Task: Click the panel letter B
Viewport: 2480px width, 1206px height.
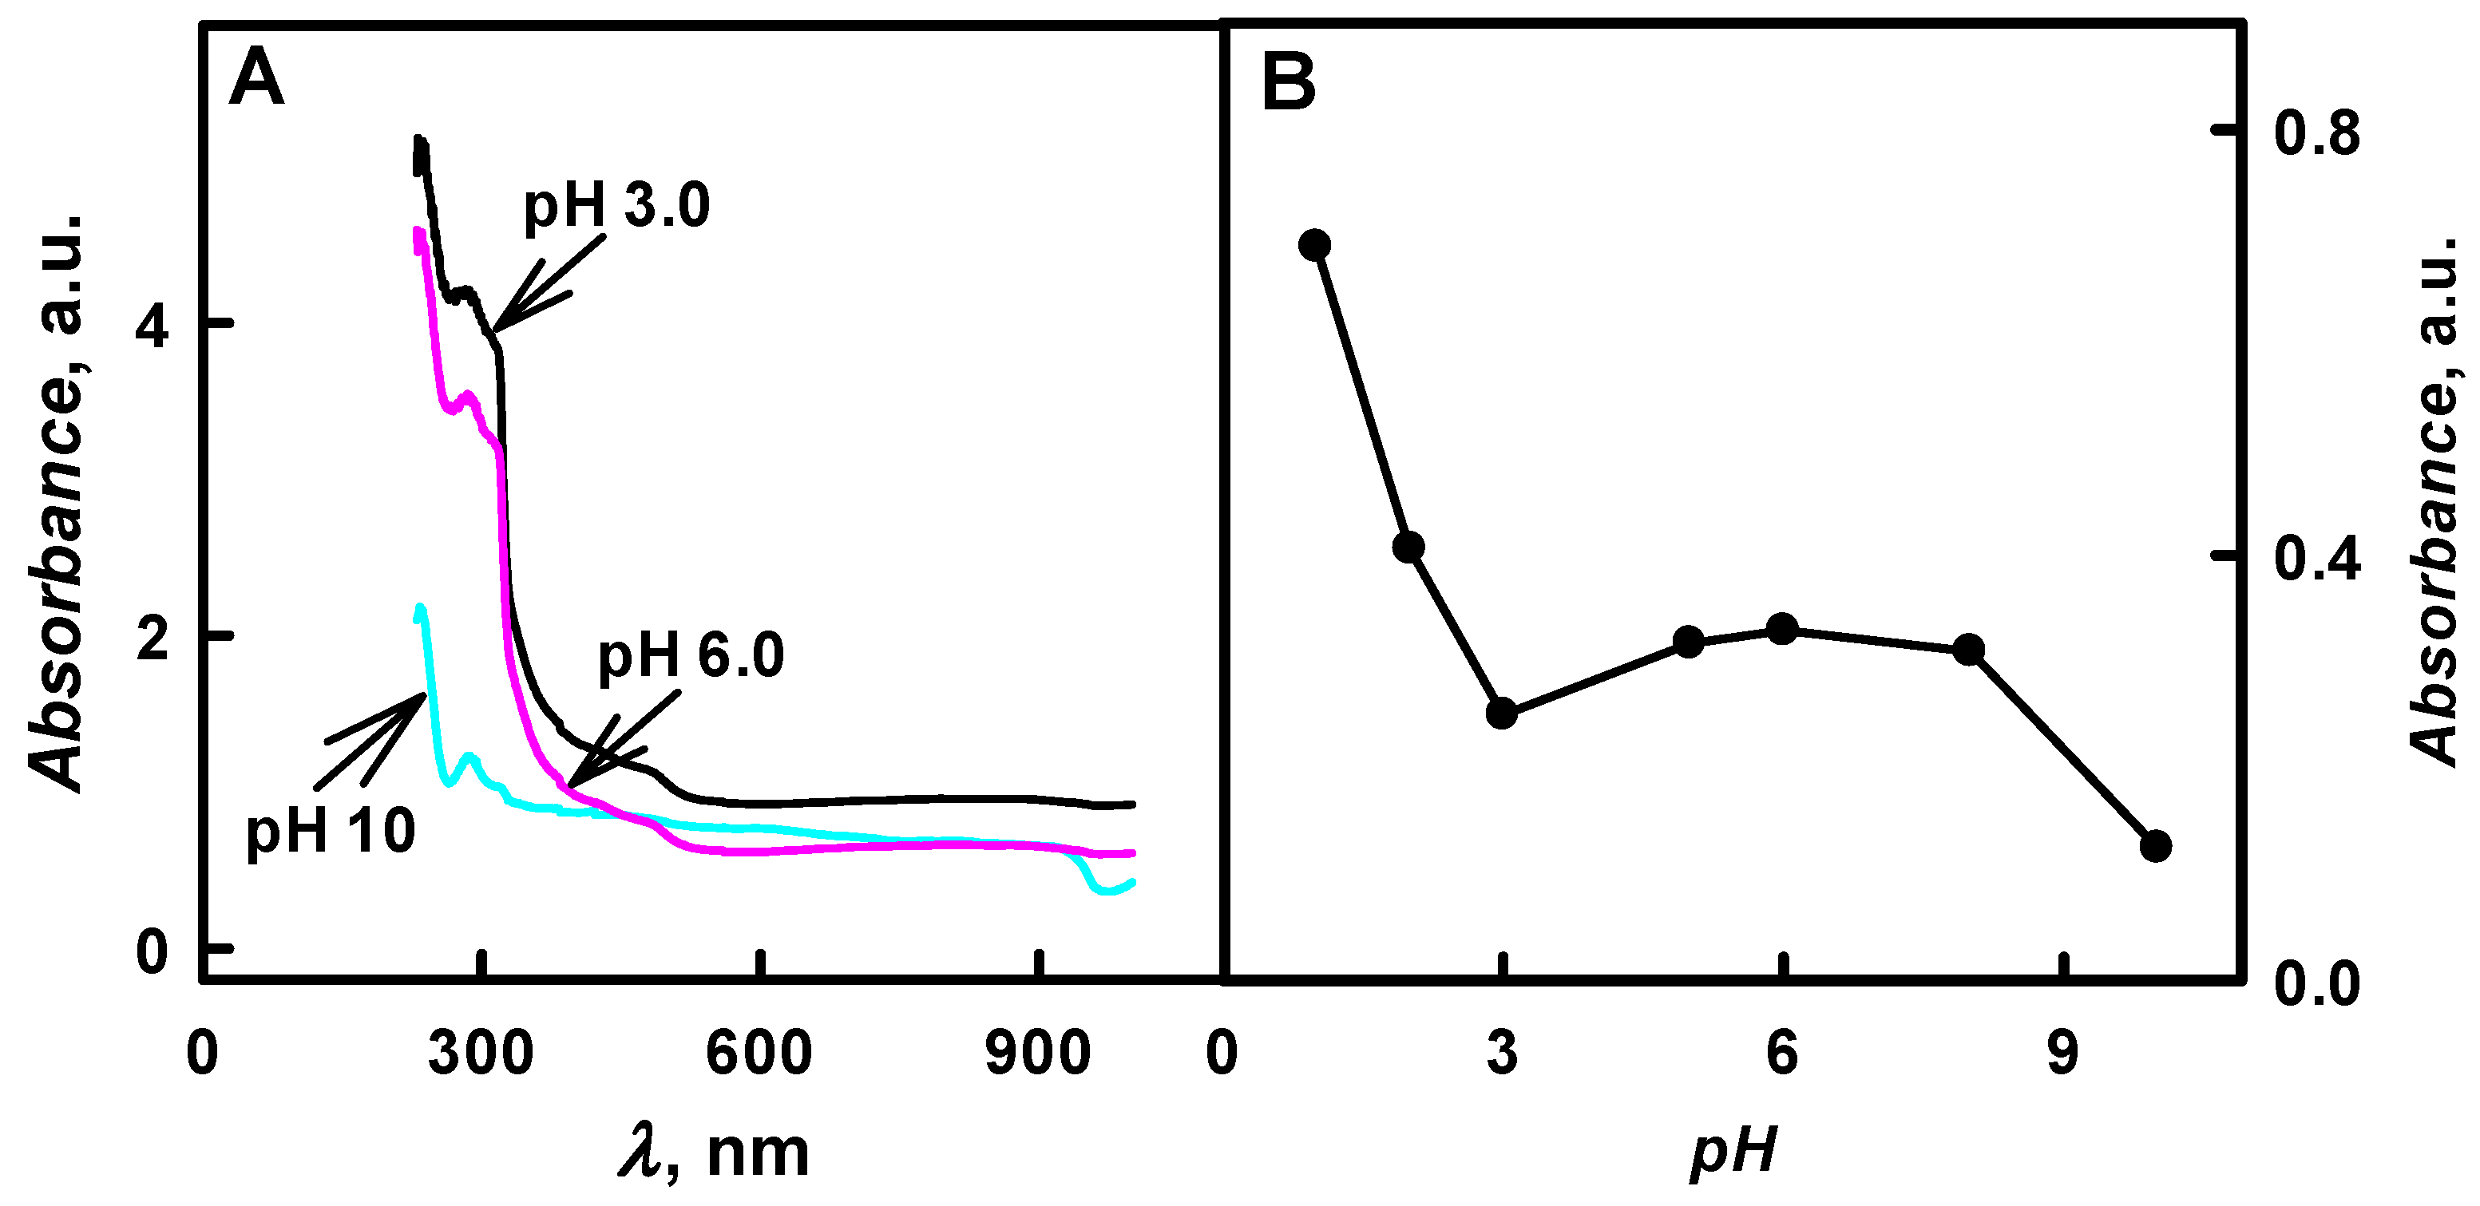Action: (1288, 83)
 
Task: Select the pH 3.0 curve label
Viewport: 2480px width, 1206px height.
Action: (616, 206)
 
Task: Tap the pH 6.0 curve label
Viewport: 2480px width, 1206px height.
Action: (691, 655)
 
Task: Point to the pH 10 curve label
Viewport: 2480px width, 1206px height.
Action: (331, 831)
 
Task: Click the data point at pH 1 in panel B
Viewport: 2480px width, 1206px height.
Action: (1314, 244)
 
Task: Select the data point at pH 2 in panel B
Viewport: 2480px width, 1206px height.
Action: (1408, 548)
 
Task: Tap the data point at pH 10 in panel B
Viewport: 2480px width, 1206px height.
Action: (2156, 846)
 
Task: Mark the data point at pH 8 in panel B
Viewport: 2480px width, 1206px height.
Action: (1969, 650)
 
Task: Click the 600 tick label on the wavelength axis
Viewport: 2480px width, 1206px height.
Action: (759, 1053)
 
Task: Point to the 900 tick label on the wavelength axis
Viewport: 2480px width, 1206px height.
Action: (1038, 1053)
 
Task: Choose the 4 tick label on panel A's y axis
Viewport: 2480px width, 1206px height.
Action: (153, 327)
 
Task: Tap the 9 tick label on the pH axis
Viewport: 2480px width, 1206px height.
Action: (2062, 1053)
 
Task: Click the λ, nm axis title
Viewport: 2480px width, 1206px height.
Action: (713, 1152)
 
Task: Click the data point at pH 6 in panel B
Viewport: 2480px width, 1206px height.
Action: (1782, 630)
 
